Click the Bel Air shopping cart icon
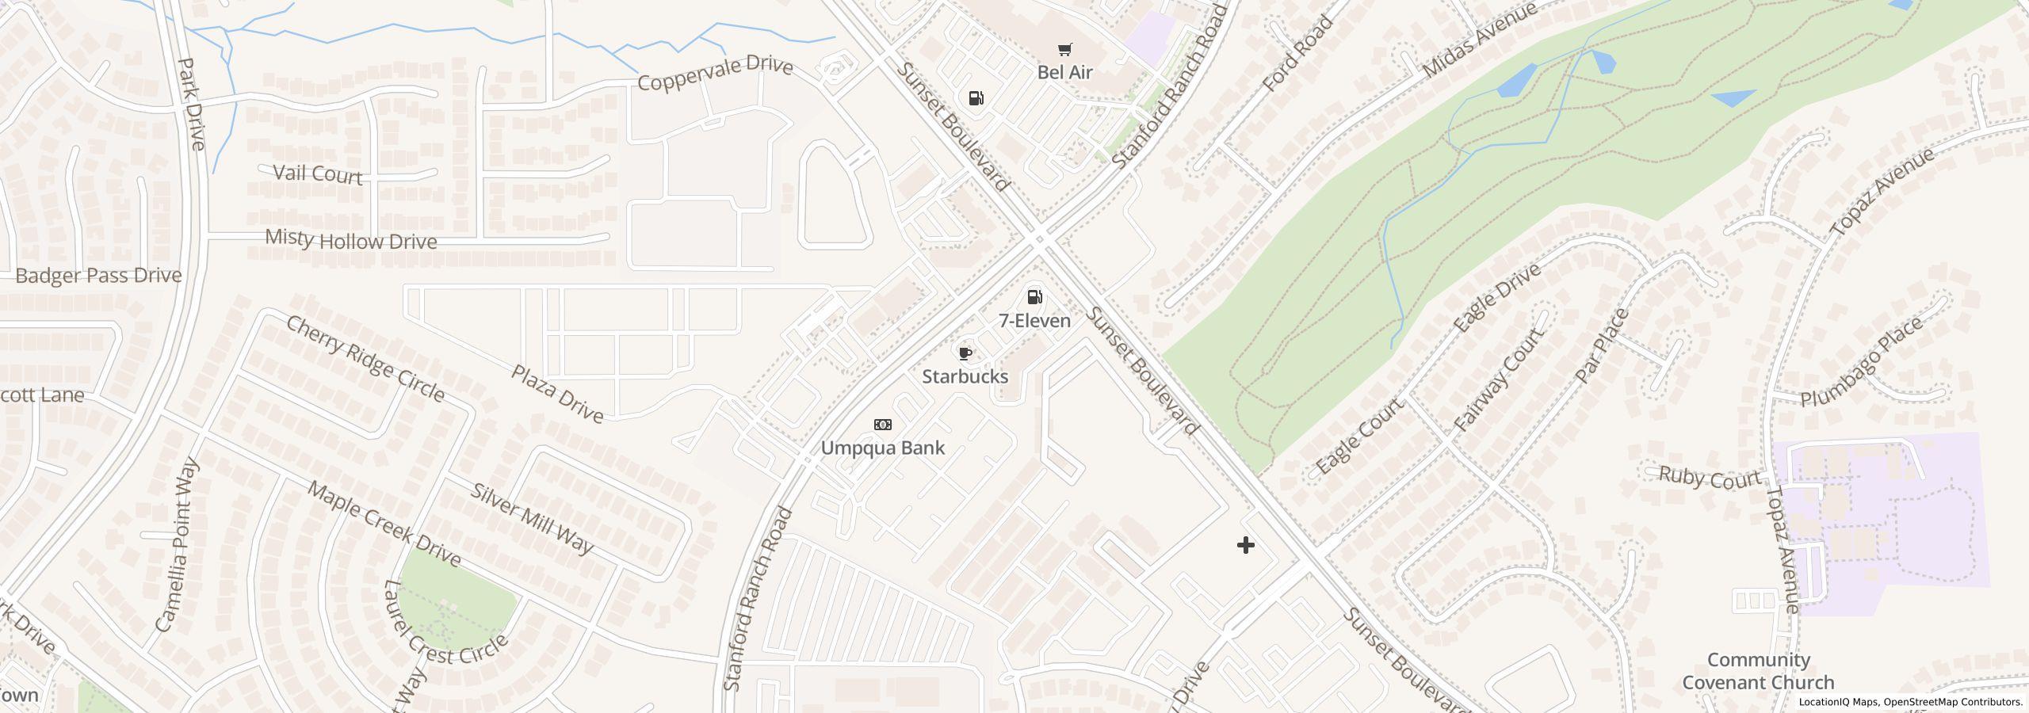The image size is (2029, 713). (1064, 50)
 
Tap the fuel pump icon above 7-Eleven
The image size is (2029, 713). (1034, 297)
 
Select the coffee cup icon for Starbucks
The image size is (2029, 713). (965, 353)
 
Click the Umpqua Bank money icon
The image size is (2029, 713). (882, 425)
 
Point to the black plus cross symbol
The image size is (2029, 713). (1245, 545)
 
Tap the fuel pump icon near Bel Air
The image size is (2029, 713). (976, 98)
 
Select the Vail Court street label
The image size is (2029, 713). (317, 173)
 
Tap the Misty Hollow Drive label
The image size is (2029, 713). (350, 239)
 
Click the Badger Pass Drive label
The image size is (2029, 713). (98, 276)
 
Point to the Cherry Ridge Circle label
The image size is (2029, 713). (365, 358)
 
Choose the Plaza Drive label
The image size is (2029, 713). (557, 393)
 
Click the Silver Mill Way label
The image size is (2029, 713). (532, 517)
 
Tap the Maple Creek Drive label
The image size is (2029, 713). (384, 524)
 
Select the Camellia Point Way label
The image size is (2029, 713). (178, 545)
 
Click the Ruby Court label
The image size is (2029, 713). (1710, 479)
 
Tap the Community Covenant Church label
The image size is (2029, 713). (1758, 671)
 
